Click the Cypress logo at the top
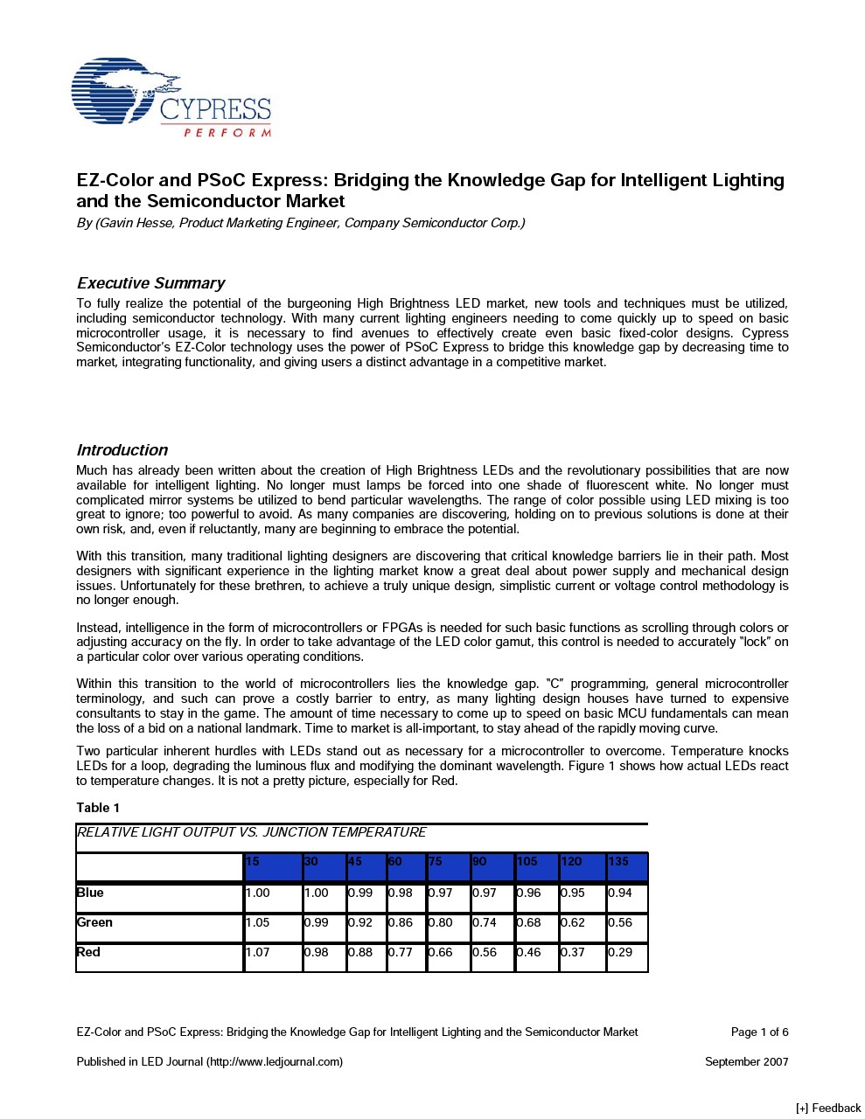click(x=171, y=98)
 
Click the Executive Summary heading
click(x=150, y=283)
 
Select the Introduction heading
click(x=122, y=450)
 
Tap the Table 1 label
click(x=98, y=808)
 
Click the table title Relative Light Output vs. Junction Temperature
click(x=252, y=832)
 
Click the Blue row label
click(x=90, y=893)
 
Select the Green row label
click(x=94, y=922)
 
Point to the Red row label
click(x=88, y=952)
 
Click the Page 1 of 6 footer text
click(x=759, y=1032)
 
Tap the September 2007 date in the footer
click(x=746, y=1062)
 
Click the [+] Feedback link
click(x=827, y=1109)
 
